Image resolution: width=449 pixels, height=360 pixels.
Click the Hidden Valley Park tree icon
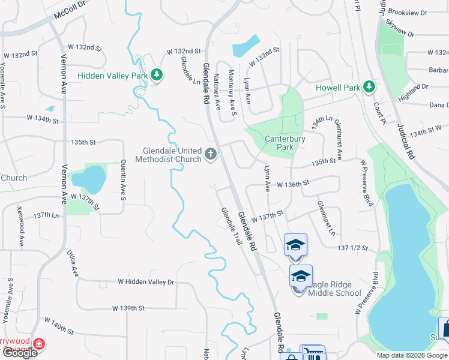point(157,75)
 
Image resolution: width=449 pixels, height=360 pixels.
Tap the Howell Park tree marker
point(369,88)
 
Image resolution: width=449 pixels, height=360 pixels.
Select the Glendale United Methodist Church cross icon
point(210,155)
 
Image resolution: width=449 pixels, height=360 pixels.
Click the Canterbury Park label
point(285,143)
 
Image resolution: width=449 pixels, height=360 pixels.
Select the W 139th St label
point(128,308)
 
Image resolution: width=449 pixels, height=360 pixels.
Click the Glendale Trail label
point(231,226)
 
